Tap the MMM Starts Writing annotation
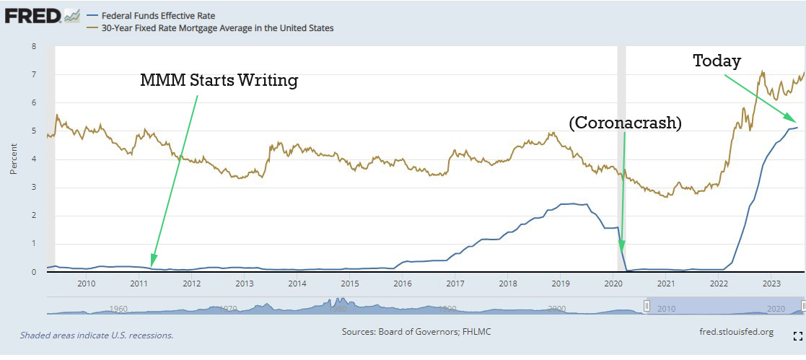(219, 80)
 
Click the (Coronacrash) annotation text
(625, 123)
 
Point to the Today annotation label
(717, 61)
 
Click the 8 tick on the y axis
(33, 46)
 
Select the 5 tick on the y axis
(33, 131)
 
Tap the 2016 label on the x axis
(402, 283)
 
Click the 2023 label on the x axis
(771, 283)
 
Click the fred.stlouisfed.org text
(732, 332)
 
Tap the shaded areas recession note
(97, 335)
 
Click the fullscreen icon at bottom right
(797, 335)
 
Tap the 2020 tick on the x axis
(613, 283)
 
